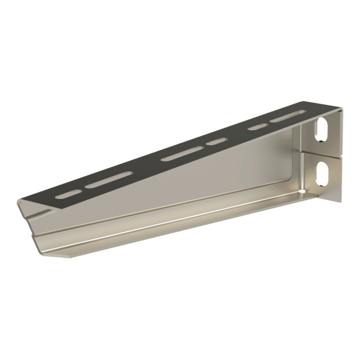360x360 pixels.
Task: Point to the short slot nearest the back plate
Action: [x=257, y=127]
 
